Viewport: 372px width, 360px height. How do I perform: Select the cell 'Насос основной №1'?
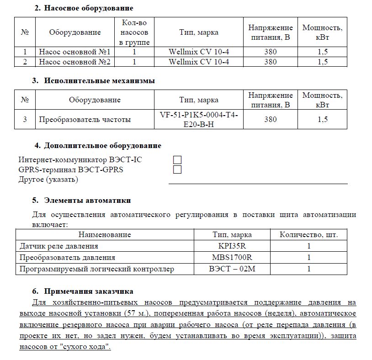click(75, 52)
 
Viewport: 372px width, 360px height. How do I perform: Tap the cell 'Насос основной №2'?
click(75, 62)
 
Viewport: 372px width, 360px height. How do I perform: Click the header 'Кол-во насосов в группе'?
click(134, 32)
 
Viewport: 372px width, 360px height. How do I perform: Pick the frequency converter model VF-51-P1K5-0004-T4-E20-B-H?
click(199, 119)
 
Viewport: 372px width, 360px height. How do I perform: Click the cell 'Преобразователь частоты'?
click(85, 120)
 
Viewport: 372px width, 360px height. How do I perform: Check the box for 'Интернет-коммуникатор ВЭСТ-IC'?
click(177, 159)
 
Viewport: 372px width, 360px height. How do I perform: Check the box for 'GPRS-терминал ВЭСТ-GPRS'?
click(177, 169)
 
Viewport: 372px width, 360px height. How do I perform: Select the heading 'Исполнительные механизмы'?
click(99, 81)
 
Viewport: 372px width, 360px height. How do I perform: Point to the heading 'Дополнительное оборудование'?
click(102, 146)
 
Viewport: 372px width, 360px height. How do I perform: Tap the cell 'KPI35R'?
click(232, 246)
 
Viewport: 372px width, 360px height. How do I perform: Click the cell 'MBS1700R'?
click(232, 257)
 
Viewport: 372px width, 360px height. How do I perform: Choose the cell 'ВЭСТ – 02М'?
click(232, 269)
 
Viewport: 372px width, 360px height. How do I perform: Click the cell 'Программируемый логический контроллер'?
click(96, 269)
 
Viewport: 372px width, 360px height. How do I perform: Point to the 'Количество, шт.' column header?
click(309, 235)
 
